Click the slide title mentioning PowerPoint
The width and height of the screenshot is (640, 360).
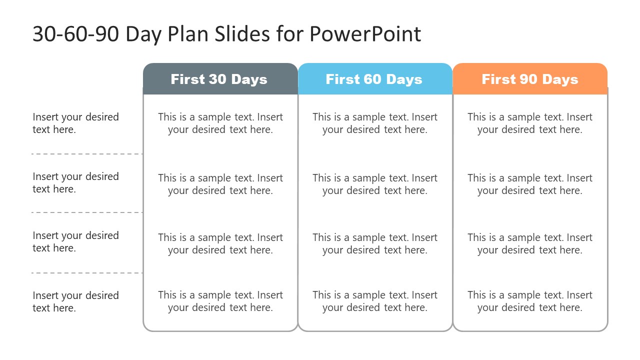(226, 34)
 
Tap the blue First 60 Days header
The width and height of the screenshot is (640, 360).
(374, 79)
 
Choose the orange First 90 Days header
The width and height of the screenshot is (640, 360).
(530, 79)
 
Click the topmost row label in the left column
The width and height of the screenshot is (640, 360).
(75, 123)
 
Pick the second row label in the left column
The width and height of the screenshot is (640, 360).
(75, 182)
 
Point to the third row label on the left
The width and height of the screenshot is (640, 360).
(75, 241)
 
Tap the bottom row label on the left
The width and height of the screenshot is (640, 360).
(75, 301)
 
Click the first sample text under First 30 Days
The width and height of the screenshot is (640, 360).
(220, 123)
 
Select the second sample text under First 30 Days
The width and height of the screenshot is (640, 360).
(220, 184)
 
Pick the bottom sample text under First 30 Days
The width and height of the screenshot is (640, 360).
(220, 301)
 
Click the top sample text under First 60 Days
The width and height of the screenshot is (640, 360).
(375, 123)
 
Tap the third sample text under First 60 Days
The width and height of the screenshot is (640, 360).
(375, 243)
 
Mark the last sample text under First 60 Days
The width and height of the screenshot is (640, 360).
(375, 301)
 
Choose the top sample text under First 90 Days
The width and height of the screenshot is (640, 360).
(530, 123)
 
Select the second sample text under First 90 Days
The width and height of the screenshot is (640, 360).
(530, 184)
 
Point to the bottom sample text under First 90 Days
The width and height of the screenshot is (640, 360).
(530, 301)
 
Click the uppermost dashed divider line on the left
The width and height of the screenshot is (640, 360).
(86, 154)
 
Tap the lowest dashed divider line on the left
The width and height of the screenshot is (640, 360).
(86, 273)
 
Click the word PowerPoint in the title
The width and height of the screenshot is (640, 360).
(365, 34)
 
